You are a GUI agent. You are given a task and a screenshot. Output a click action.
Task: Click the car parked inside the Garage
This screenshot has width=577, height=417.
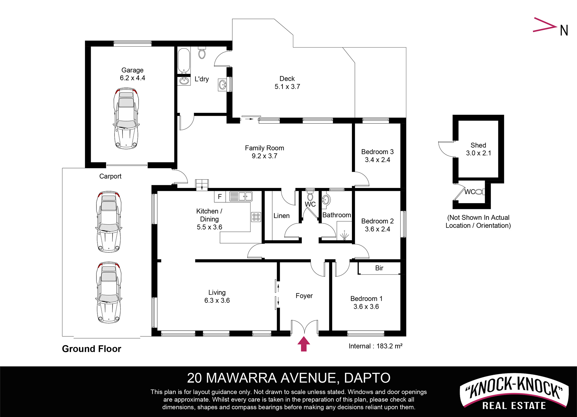[126, 118]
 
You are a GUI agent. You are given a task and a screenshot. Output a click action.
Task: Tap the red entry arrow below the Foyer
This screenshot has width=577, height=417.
[304, 344]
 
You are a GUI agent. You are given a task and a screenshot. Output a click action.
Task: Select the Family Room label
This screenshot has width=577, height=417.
[264, 148]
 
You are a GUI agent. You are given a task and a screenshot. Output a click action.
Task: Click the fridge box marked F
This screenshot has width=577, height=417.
[220, 197]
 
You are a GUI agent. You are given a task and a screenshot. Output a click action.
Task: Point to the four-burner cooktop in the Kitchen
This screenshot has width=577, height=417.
[256, 217]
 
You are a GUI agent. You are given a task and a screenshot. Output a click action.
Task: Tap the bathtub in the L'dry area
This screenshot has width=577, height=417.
[183, 61]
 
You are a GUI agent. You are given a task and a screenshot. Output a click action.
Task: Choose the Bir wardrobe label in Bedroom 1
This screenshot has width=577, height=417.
[379, 268]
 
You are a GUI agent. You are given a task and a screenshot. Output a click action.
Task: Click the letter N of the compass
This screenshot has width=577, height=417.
[564, 30]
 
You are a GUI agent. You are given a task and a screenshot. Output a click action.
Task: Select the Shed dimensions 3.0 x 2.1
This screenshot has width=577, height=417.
[478, 153]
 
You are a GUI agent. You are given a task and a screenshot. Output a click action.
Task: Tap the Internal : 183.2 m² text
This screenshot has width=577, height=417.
[375, 346]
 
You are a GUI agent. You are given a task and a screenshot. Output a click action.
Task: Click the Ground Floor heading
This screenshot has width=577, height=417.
[92, 349]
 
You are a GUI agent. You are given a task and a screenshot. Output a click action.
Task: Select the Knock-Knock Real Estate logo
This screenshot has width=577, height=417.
[514, 392]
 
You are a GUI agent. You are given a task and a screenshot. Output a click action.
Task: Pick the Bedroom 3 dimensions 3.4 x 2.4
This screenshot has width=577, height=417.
[377, 160]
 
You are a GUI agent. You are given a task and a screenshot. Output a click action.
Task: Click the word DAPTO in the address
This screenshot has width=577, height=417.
[367, 378]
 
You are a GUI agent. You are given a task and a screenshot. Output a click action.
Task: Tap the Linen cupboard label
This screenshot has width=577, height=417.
[282, 216]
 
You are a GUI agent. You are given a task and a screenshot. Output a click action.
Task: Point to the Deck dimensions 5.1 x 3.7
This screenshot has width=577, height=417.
[287, 87]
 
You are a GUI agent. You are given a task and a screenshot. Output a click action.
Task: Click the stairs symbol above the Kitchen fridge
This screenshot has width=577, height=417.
[202, 185]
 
